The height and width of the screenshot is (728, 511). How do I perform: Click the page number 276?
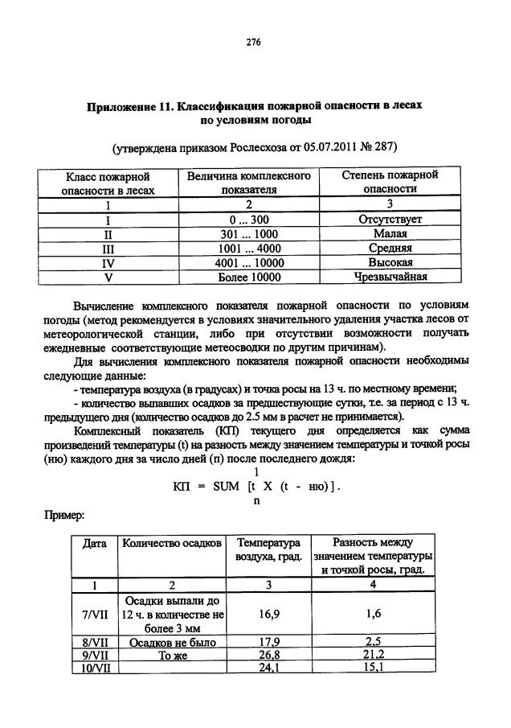[255, 41]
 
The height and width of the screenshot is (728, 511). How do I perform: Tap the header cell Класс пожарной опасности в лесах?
[108, 183]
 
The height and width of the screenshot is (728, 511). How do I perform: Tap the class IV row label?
[108, 262]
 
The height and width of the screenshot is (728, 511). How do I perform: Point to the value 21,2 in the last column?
[374, 656]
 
